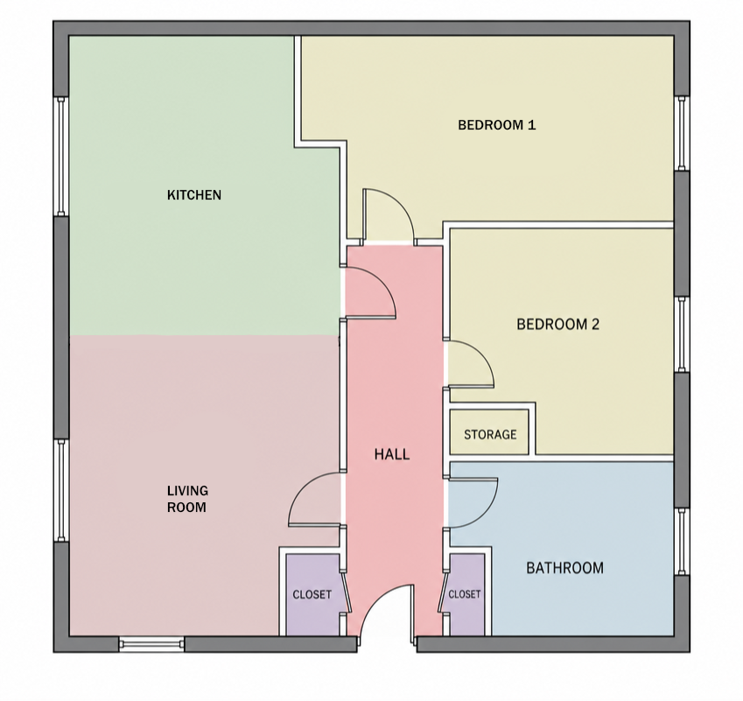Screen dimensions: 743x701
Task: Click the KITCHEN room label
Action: tap(194, 195)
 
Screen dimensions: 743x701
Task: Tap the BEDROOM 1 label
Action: tap(496, 125)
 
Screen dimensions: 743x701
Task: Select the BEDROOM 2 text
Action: tap(557, 324)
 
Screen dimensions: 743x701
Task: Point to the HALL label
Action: tap(392, 454)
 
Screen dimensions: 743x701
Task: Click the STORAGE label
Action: tap(490, 435)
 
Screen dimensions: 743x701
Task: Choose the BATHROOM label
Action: tap(564, 568)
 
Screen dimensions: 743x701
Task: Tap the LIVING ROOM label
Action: tap(187, 499)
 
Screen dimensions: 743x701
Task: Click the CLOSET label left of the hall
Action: tap(312, 594)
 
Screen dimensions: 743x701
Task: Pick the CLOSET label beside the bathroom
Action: tap(465, 594)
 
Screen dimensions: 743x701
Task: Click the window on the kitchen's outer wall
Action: tap(61, 157)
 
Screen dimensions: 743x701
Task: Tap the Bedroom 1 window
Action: tap(682, 133)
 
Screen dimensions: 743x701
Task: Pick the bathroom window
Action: tap(682, 542)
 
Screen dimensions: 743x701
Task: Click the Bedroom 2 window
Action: tap(682, 334)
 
